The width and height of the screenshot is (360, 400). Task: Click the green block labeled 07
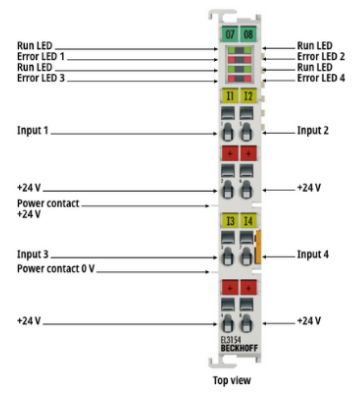[x=230, y=34]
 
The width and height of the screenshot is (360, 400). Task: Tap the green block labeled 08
[x=248, y=34]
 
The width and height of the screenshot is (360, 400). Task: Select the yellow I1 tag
[x=230, y=96]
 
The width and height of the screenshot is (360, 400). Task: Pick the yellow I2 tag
[x=248, y=96]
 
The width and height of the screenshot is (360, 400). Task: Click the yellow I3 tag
[x=230, y=221]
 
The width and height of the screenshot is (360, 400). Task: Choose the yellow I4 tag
[x=248, y=221]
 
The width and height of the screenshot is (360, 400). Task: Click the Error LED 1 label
[x=41, y=56]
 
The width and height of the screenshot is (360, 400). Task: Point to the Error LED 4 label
[x=321, y=78]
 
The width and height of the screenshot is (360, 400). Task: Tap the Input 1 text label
[x=33, y=130]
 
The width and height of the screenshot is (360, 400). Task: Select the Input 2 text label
[x=313, y=130]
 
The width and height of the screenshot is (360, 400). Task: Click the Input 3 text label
[x=33, y=254]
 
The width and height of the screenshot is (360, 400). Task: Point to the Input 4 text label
[x=313, y=254]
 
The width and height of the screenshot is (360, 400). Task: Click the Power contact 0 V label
[x=56, y=268]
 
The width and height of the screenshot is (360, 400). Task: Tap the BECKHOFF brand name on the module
[x=239, y=349]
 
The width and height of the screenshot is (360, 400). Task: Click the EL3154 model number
[x=231, y=340]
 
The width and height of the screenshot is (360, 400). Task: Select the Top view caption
[x=232, y=380]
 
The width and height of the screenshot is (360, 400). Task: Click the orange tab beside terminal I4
[x=258, y=247]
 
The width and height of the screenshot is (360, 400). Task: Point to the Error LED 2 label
[x=321, y=56]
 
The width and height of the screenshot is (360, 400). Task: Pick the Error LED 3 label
[x=41, y=78]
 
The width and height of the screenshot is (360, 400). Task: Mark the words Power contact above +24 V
[x=48, y=203]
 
